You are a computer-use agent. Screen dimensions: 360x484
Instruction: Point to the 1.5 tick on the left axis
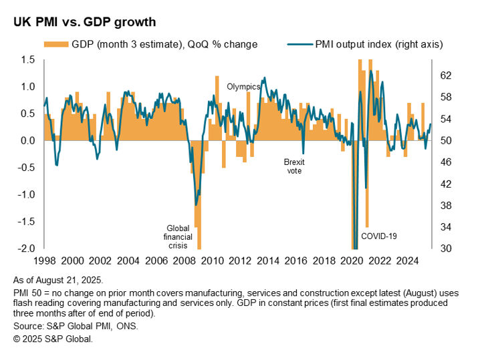(27, 60)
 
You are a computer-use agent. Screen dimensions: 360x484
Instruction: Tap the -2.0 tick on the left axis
(26, 248)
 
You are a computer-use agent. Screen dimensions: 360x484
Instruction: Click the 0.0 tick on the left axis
(27, 141)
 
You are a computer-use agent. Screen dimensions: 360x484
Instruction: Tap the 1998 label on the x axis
(44, 260)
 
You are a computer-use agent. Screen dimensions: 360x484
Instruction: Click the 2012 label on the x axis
(240, 260)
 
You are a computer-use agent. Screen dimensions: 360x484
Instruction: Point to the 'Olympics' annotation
(243, 87)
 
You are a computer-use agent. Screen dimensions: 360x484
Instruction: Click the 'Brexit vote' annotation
(294, 166)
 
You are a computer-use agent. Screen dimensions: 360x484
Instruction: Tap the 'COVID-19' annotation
(379, 236)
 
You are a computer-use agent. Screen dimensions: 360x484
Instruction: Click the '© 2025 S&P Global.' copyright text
(53, 339)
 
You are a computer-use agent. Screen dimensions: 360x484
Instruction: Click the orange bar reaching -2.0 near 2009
(199, 220)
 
